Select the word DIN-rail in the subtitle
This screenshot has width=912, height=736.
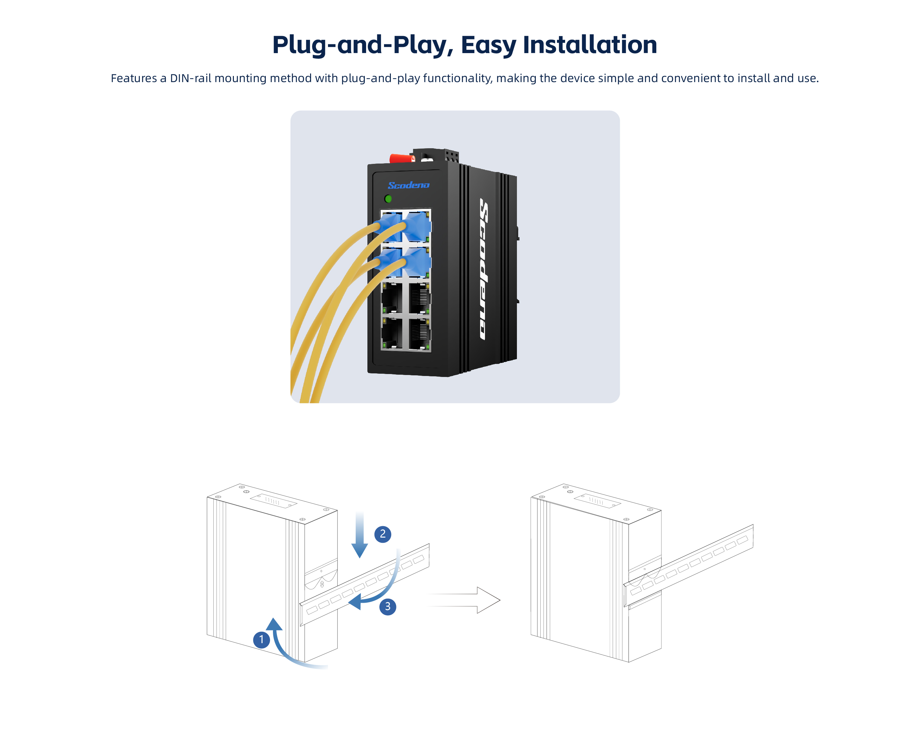coord(190,79)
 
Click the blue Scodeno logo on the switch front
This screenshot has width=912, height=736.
coord(408,185)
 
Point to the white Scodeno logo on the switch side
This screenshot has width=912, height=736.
coord(484,269)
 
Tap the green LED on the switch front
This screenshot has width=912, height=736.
coord(388,198)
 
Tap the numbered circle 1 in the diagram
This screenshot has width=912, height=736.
coord(261,639)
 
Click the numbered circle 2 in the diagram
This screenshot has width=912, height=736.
coord(382,534)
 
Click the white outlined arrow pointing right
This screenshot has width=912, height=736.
coord(466,600)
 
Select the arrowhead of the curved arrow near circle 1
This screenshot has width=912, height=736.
coord(274,625)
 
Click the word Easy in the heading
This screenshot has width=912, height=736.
coord(488,45)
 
